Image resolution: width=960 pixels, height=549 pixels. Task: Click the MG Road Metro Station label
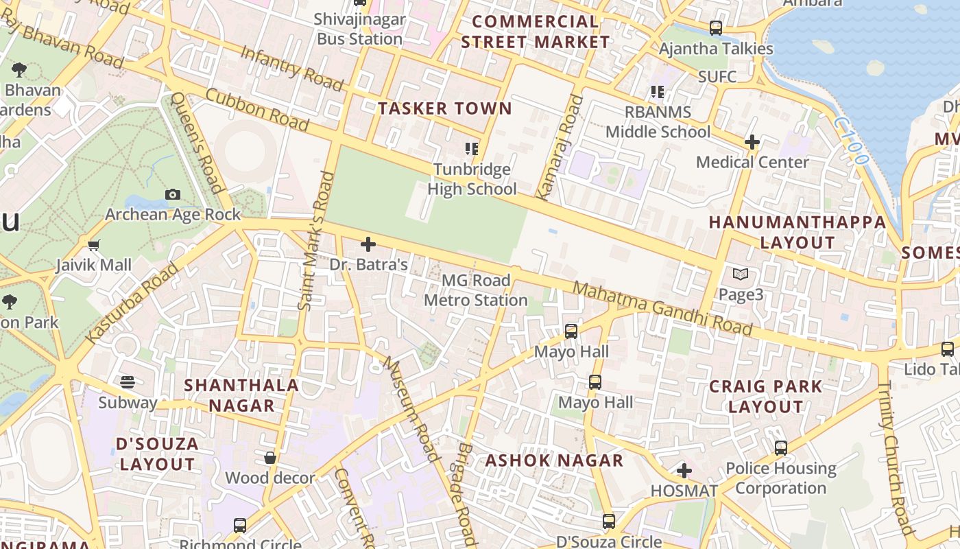click(x=476, y=290)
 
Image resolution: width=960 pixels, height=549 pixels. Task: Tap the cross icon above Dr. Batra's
click(x=368, y=244)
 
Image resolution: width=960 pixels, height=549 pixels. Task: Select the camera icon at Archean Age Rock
click(x=173, y=195)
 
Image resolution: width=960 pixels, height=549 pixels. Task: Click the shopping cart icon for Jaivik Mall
click(x=94, y=245)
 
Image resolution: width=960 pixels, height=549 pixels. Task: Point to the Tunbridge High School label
click(x=472, y=179)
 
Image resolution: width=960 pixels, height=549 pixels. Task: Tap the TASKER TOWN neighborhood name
click(x=445, y=108)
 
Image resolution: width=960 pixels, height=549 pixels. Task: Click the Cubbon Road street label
click(x=257, y=110)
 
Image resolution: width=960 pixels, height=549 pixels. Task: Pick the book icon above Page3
click(x=741, y=274)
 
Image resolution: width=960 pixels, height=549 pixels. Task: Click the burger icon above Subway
click(x=128, y=382)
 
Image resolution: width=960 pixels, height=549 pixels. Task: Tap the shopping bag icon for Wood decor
click(x=270, y=458)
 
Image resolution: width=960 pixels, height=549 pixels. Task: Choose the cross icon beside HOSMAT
click(x=684, y=471)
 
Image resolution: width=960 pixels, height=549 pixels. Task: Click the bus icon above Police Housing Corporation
click(x=780, y=448)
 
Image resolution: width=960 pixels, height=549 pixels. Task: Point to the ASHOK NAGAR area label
click(x=554, y=460)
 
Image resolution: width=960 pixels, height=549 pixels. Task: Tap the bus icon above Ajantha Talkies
click(x=716, y=28)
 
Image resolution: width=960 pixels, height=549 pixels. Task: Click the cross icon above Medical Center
click(x=752, y=142)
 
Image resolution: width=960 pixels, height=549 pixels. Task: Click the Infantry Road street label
click(x=292, y=69)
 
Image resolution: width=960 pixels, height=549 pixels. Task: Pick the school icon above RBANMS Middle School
click(x=658, y=91)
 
